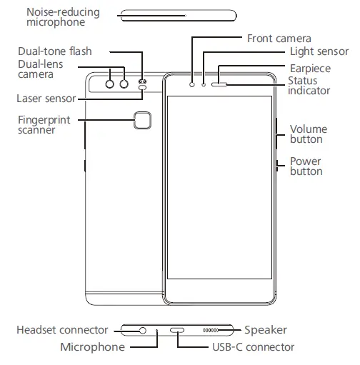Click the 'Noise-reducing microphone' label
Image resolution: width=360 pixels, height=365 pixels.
click(63, 18)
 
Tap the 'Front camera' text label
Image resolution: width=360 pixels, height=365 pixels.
click(279, 38)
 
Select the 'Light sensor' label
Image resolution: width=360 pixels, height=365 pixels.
click(319, 51)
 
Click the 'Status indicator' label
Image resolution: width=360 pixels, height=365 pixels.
click(309, 86)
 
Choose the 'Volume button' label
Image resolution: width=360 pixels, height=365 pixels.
click(308, 134)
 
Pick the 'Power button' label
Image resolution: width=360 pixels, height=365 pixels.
click(305, 166)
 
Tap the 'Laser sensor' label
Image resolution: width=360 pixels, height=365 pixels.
click(46, 98)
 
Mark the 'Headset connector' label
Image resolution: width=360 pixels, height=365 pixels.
click(62, 330)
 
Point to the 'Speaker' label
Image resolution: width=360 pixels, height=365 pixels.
click(265, 330)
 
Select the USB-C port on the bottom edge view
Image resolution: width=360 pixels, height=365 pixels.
click(176, 331)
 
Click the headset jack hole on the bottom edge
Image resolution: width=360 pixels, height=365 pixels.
click(143, 331)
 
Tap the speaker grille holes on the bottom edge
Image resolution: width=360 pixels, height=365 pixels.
click(212, 331)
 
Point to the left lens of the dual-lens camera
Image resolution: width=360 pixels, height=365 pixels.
click(111, 84)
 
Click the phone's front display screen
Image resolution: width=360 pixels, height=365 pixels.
click(220, 186)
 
